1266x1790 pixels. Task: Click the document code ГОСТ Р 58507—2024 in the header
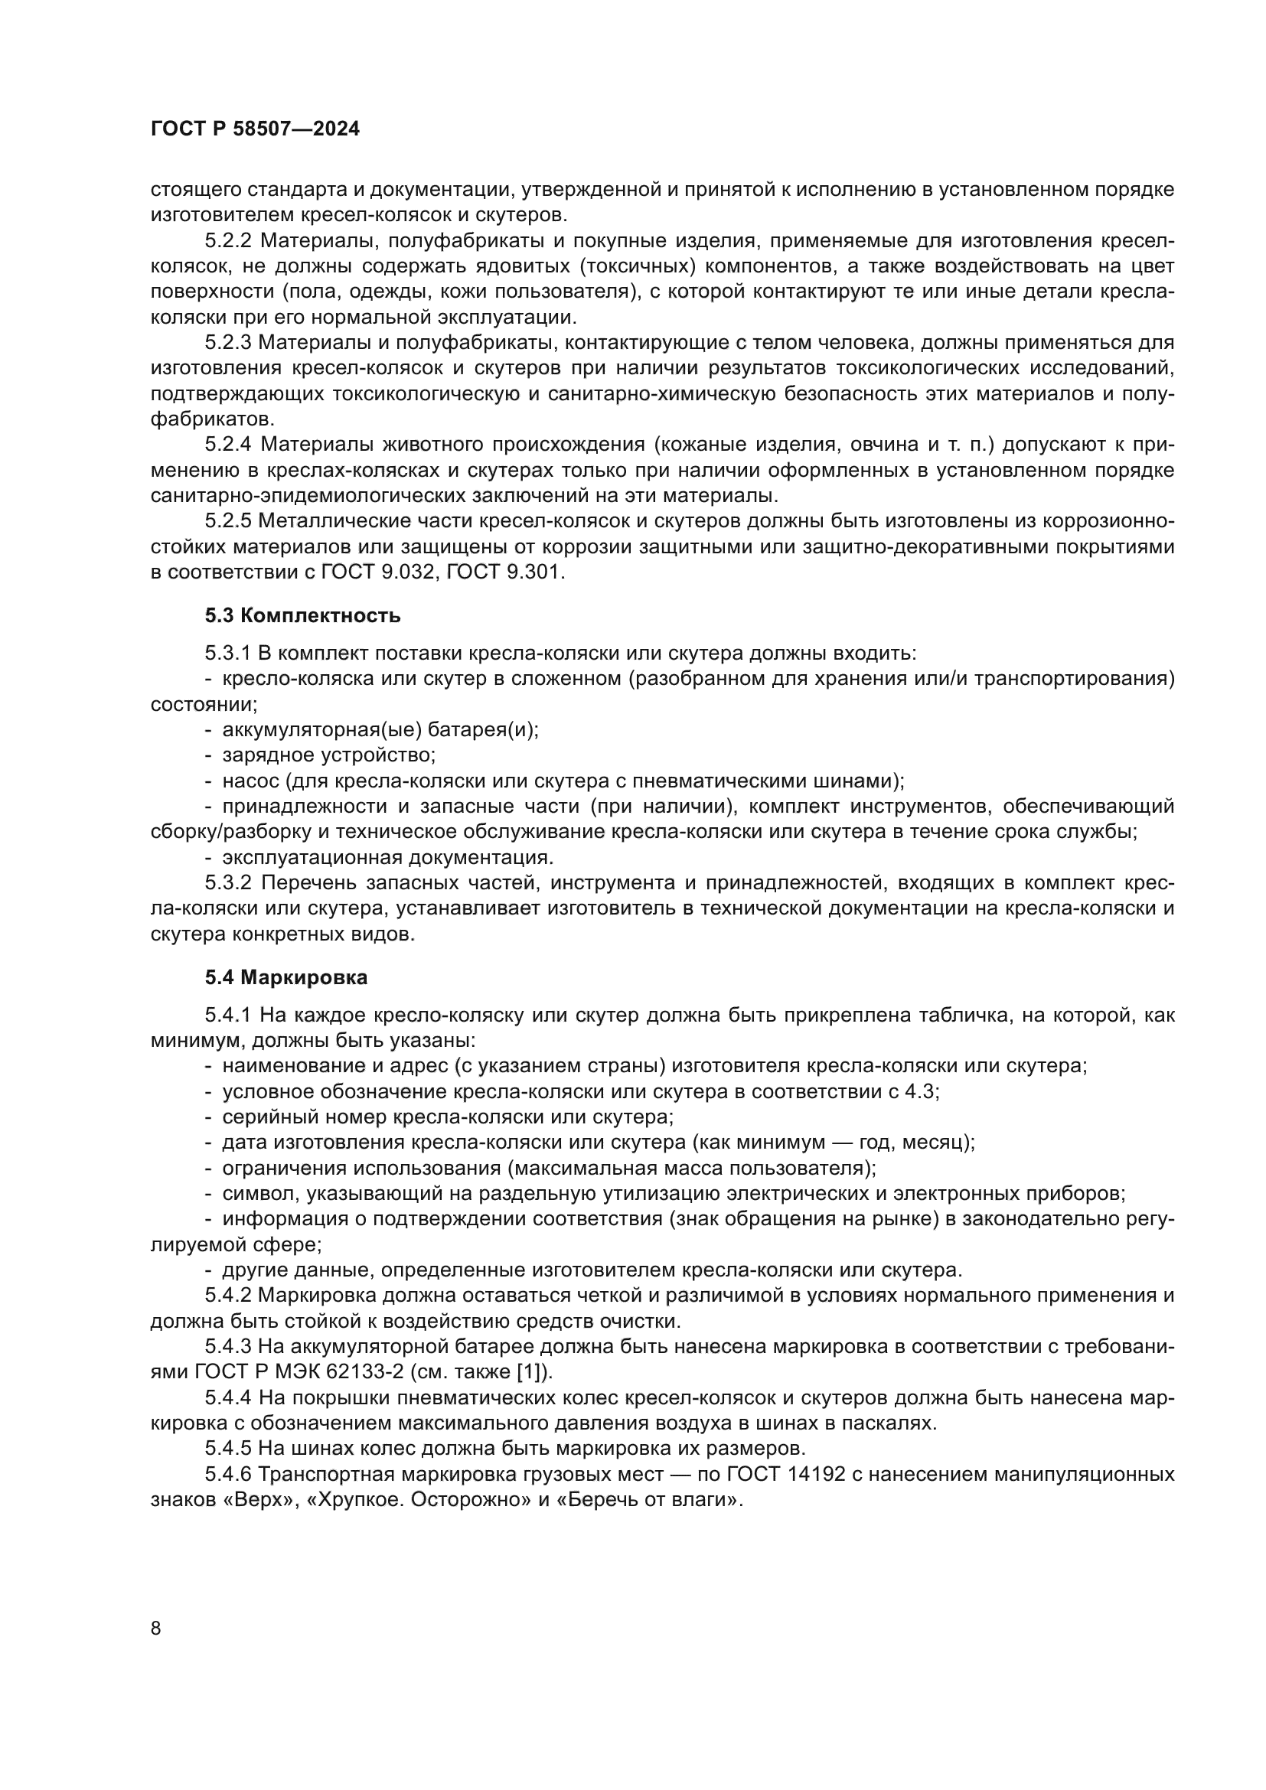[x=255, y=129]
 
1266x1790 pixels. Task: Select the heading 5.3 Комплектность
[x=302, y=616]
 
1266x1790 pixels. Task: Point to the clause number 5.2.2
[x=227, y=241]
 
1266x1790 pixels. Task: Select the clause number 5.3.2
[x=227, y=883]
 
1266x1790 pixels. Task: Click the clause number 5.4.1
[x=227, y=1015]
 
